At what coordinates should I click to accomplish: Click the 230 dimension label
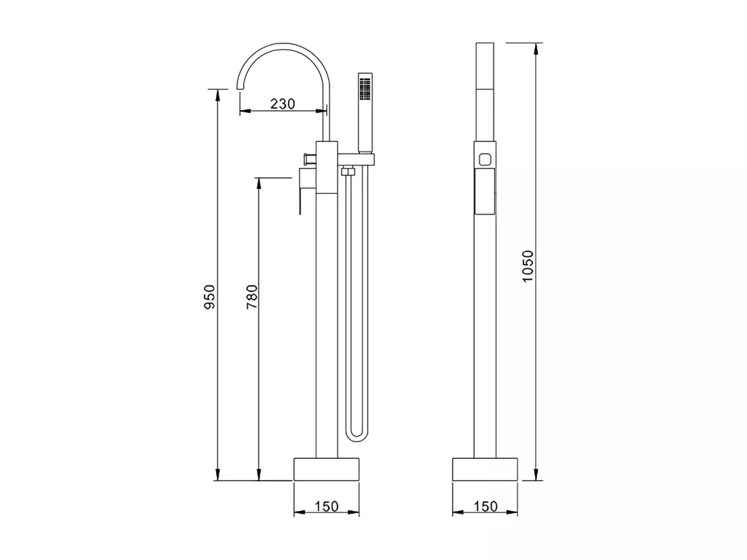click(283, 103)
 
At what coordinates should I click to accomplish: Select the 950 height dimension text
click(210, 296)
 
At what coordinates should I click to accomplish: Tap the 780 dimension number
click(251, 296)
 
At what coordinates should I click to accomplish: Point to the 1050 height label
click(528, 266)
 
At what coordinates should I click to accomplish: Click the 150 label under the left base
click(327, 506)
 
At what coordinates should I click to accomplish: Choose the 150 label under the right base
click(486, 506)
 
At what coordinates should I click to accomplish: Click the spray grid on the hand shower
click(365, 89)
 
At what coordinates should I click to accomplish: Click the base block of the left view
click(327, 469)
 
